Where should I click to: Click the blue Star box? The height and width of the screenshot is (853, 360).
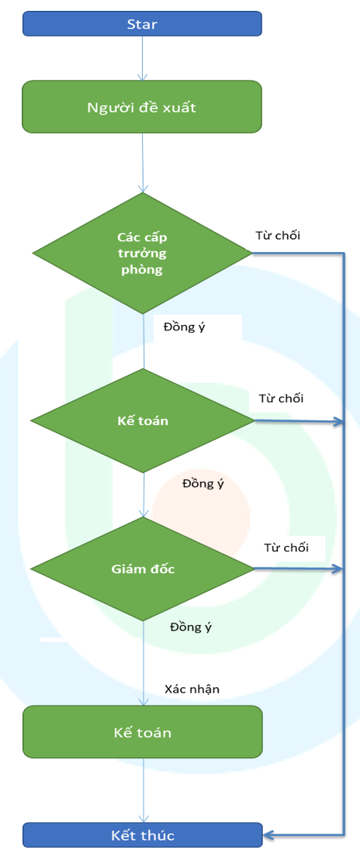(x=142, y=24)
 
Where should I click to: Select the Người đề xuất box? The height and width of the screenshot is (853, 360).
(x=142, y=107)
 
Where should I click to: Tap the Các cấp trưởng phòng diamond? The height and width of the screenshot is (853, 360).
(x=142, y=253)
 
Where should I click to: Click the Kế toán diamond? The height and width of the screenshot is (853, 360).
(x=142, y=420)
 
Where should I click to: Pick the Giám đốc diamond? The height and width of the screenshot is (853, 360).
(x=142, y=569)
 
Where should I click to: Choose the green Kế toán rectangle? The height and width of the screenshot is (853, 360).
(x=142, y=732)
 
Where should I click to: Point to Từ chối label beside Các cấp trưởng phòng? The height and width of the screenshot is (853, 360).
(x=278, y=236)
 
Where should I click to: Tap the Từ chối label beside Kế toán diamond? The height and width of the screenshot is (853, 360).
(x=281, y=399)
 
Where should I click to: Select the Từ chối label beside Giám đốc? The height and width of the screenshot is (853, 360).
(x=286, y=547)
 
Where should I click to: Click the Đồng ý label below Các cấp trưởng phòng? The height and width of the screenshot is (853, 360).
(x=184, y=328)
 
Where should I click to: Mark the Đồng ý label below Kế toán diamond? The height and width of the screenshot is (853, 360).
(x=203, y=484)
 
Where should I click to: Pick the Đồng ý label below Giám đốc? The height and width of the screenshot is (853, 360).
(x=191, y=627)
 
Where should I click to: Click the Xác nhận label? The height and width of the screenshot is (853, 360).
(x=192, y=689)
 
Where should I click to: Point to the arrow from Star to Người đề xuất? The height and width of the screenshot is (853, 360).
(x=142, y=58)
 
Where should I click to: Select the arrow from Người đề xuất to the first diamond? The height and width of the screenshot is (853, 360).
(x=142, y=162)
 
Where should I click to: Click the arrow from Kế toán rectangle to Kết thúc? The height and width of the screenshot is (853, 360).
(x=144, y=790)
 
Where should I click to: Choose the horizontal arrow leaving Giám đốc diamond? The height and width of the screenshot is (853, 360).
(x=299, y=569)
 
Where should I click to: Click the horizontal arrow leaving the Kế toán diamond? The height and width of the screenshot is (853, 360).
(x=299, y=421)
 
